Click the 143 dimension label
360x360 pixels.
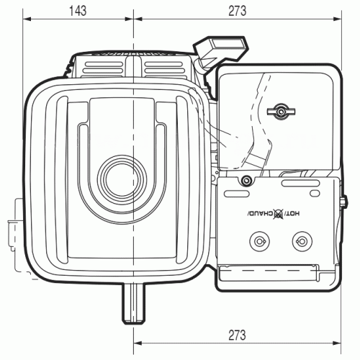pyautogui.click(x=78, y=11)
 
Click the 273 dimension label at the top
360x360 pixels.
pyautogui.click(x=237, y=11)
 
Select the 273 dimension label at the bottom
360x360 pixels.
pyautogui.click(x=237, y=335)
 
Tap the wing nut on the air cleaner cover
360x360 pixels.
pyautogui.click(x=281, y=112)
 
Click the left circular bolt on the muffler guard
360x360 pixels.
pyautogui.click(x=259, y=241)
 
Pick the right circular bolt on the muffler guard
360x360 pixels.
pyautogui.click(x=302, y=241)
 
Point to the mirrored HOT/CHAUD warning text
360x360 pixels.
pyautogui.click(x=274, y=213)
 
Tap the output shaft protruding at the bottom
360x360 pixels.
pyautogui.click(x=134, y=304)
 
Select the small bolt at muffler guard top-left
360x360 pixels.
pyautogui.click(x=246, y=180)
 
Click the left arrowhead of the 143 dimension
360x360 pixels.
pyautogui.click(x=27, y=19)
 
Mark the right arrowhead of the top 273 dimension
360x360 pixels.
pyautogui.click(x=336, y=19)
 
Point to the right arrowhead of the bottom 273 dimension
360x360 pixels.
pyautogui.click(x=336, y=343)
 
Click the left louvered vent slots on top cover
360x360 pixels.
pyautogui.click(x=103, y=68)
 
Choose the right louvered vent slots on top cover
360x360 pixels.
pyautogui.click(x=163, y=68)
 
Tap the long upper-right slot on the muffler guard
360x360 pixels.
pyautogui.click(x=301, y=184)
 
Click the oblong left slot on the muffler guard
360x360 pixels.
pyautogui.click(x=237, y=194)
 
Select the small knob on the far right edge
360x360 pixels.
pyautogui.click(x=344, y=201)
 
